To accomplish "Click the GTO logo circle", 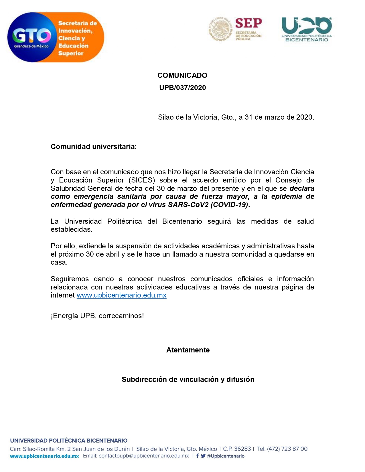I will pos(31,37).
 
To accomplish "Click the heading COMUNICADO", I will pos(182,75).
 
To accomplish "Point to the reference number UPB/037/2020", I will pos(182,88).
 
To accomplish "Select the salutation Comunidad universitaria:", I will pos(94,147).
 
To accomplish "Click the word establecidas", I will pos(71,229).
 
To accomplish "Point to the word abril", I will pos(112,254).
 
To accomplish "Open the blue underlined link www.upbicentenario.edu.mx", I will pos(121,295).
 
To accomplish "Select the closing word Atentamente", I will pos(188,350).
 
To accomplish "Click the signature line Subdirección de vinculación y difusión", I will pos(188,379).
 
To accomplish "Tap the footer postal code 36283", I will pos(242,449).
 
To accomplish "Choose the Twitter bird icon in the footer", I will pos(203,456).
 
